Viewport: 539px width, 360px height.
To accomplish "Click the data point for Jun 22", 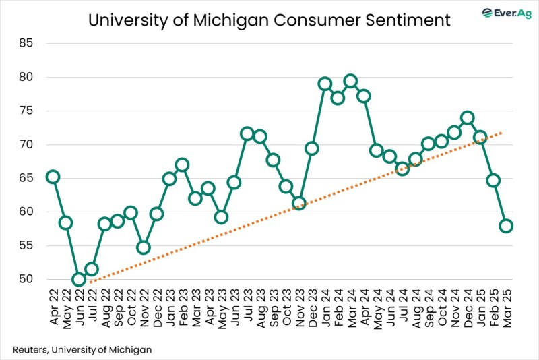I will (79, 279).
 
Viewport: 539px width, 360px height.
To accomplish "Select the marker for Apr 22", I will (53, 177).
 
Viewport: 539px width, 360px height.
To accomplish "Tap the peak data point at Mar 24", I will (350, 81).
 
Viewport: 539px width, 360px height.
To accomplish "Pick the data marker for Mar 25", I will (506, 226).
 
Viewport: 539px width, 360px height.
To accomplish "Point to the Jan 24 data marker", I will (325, 84).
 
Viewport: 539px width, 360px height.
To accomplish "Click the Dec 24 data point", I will (467, 117).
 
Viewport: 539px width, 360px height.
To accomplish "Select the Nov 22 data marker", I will (144, 247).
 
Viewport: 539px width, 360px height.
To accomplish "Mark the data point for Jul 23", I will (247, 133).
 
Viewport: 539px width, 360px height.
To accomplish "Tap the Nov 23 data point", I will (298, 203).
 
